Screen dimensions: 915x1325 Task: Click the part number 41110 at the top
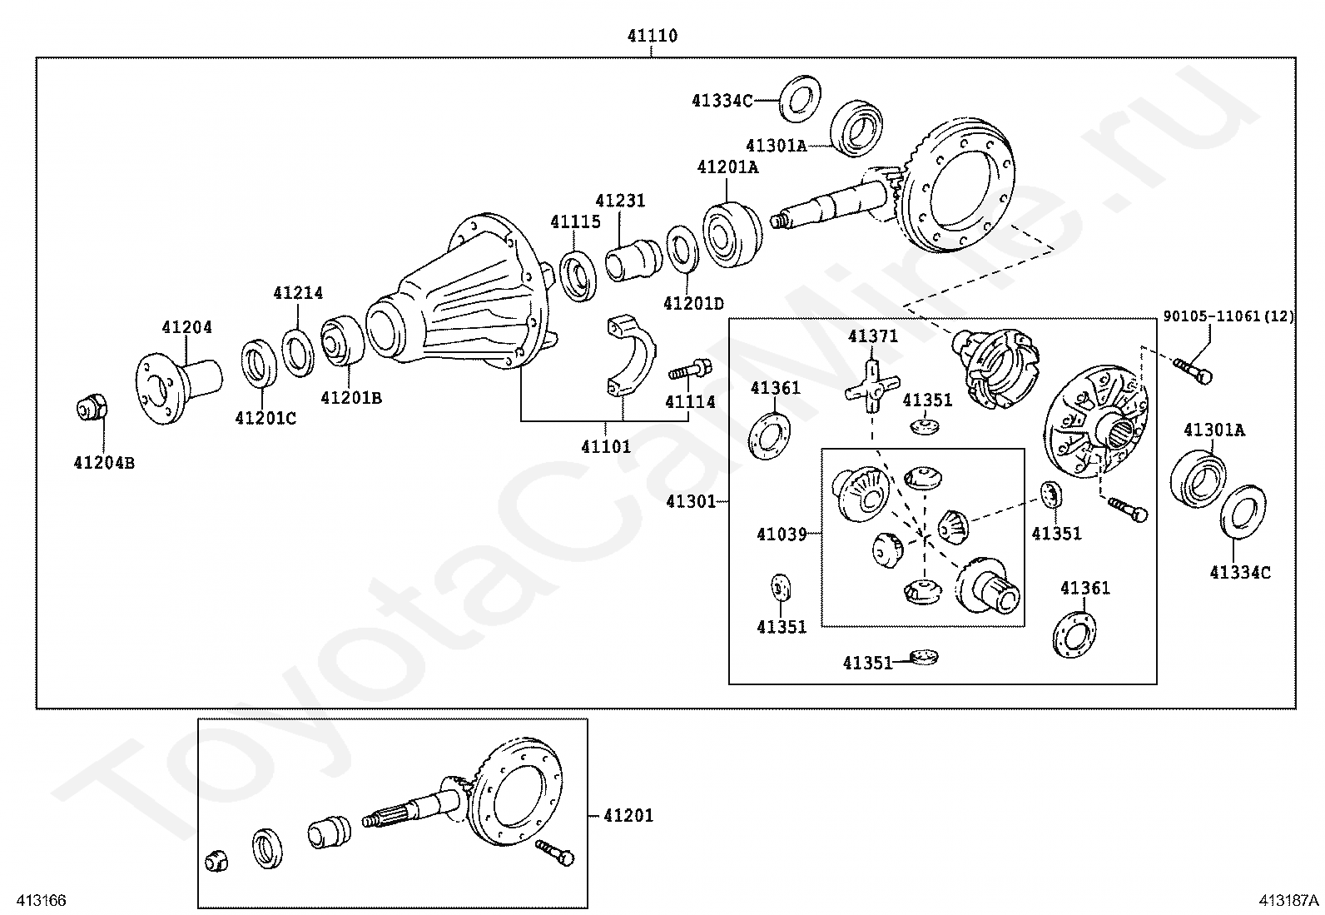652,36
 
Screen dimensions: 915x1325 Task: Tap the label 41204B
104,464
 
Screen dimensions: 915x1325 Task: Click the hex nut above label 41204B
91,409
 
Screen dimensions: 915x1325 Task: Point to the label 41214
298,293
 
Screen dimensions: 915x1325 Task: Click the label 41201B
351,398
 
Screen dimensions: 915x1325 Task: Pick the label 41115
575,221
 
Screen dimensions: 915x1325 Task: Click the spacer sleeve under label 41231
630,258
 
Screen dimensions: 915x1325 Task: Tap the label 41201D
693,303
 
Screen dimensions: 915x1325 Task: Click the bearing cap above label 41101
628,356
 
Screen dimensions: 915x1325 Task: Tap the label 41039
782,534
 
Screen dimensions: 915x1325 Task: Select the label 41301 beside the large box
691,501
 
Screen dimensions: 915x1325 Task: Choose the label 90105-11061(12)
1228,316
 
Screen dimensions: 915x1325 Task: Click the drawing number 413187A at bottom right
1288,900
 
